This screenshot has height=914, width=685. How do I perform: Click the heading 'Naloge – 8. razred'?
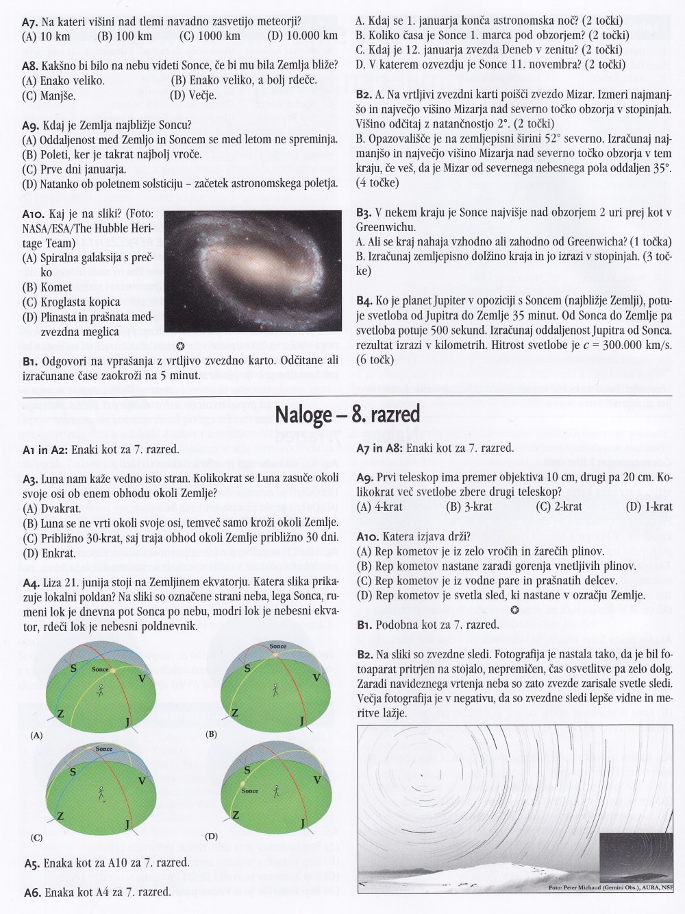point(347,416)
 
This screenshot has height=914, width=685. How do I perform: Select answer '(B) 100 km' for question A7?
point(125,36)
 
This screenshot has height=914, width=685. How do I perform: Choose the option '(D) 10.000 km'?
point(303,36)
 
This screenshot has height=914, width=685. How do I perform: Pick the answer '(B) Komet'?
point(47,287)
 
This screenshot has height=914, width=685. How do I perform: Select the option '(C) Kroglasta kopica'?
point(71,302)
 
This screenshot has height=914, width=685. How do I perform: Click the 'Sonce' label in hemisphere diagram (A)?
point(101,669)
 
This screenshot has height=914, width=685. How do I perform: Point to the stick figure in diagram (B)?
point(276,689)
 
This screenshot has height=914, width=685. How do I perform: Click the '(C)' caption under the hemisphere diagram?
point(37,838)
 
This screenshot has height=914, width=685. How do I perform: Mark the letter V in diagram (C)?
point(142,781)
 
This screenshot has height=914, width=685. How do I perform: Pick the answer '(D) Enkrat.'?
point(49,553)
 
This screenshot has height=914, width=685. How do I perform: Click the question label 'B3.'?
point(364,213)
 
